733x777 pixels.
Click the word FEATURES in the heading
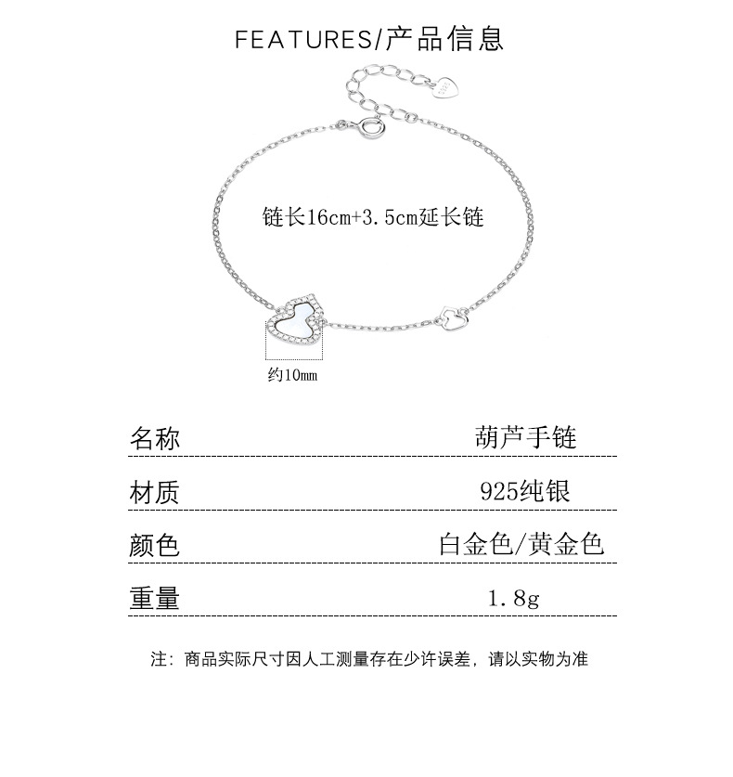click(303, 40)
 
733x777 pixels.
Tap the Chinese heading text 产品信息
click(444, 39)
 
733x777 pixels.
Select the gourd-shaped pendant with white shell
click(297, 320)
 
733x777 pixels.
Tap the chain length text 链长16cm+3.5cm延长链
click(373, 217)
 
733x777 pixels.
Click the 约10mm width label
click(292, 375)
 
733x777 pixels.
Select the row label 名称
click(155, 438)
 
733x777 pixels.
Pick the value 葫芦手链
click(525, 437)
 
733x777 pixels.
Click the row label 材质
click(154, 492)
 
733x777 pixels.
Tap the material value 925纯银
click(525, 491)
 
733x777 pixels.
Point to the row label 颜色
click(154, 545)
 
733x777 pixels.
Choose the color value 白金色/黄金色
click(521, 544)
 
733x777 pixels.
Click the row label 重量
click(154, 598)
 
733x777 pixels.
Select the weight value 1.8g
click(514, 598)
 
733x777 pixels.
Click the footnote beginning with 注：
click(369, 659)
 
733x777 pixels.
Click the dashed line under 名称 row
click(372, 456)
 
